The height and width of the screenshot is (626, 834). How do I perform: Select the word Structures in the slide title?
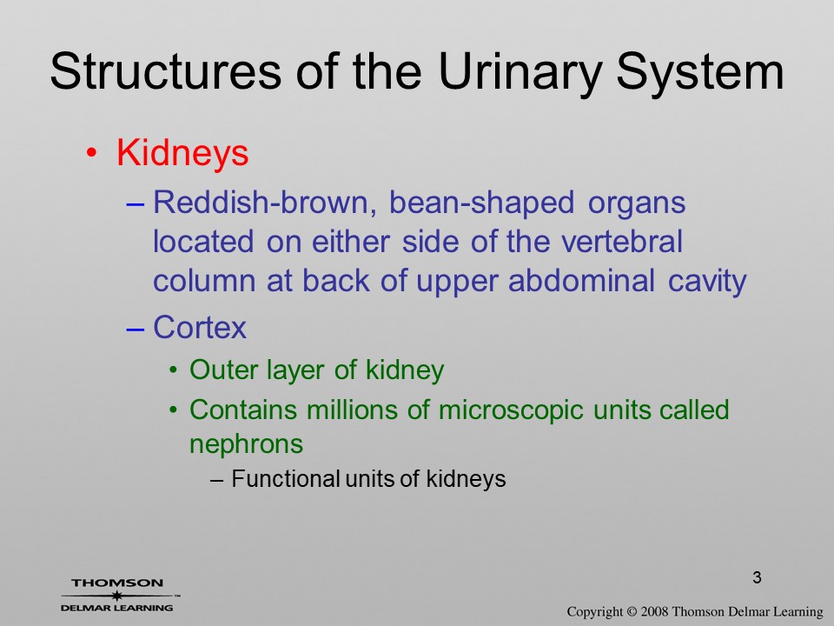(165, 70)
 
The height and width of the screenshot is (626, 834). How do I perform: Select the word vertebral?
(622, 242)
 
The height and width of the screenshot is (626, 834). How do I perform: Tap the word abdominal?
(581, 281)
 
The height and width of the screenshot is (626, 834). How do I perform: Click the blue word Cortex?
(200, 327)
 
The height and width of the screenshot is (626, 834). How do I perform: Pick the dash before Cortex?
(136, 330)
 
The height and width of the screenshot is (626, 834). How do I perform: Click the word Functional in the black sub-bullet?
(285, 478)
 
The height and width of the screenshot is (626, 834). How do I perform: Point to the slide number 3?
(757, 577)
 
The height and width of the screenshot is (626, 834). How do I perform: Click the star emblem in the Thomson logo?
(116, 596)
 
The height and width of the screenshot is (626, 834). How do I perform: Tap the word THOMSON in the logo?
(117, 583)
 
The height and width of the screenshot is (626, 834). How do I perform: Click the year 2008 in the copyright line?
(655, 611)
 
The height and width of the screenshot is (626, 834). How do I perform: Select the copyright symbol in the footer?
(632, 611)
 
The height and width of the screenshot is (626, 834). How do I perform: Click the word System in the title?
(700, 73)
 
